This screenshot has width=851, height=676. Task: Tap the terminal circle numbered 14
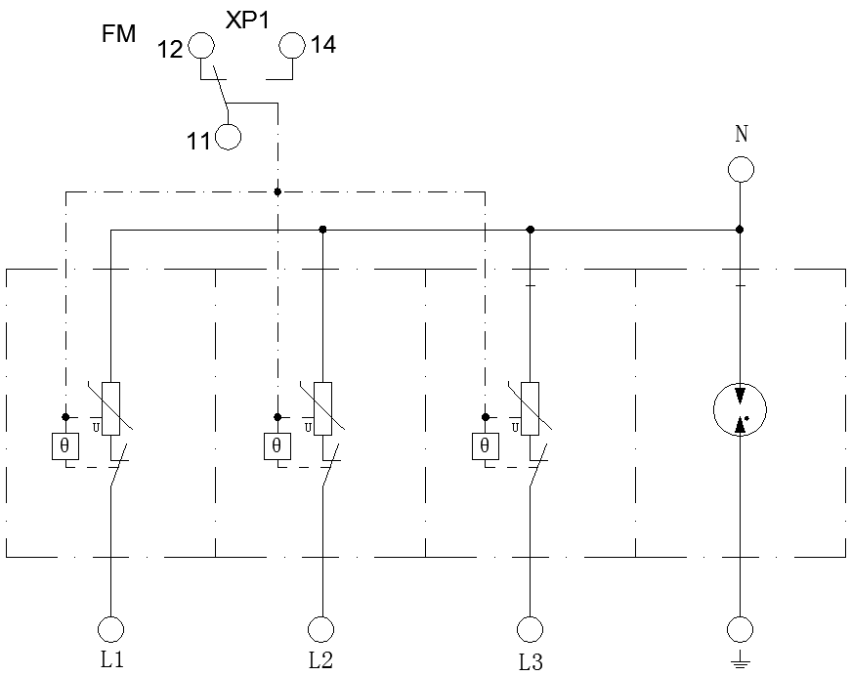pos(293,45)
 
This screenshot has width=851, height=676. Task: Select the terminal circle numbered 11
pos(228,137)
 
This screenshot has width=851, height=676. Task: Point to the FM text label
pos(118,35)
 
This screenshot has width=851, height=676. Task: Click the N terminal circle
pos(740,169)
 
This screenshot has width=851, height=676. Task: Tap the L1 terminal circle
pos(111,628)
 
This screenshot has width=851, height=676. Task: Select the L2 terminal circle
pos(320,628)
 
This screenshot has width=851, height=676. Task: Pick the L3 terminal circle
pos(530,628)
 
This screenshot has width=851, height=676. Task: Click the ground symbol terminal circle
pos(740,628)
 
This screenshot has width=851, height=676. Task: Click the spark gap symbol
pos(740,409)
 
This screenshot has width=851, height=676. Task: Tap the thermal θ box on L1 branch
pos(66,446)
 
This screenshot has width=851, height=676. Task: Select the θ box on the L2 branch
pos(277,446)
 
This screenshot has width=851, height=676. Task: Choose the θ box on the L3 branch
pos(485,446)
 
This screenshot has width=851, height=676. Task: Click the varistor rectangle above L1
pos(111,408)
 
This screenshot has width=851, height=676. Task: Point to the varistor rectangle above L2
pos(321,408)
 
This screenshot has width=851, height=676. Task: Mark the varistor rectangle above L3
pos(530,408)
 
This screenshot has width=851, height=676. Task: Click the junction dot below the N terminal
pos(740,230)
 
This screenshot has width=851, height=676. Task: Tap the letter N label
pos(742,134)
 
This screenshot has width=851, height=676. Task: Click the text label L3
pos(531,662)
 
